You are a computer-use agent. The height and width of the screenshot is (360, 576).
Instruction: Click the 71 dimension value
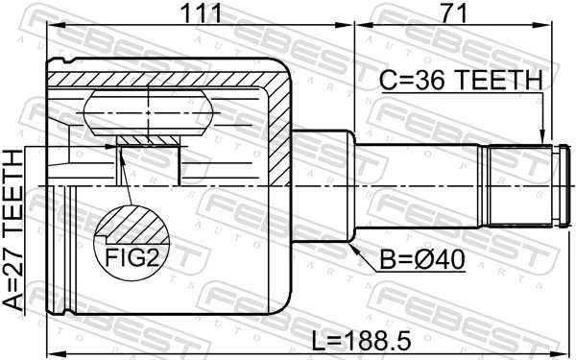[x=455, y=13]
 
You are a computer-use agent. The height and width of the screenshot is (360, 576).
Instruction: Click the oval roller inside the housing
[x=149, y=113]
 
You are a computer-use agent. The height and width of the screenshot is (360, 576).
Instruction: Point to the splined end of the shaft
[x=524, y=184]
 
